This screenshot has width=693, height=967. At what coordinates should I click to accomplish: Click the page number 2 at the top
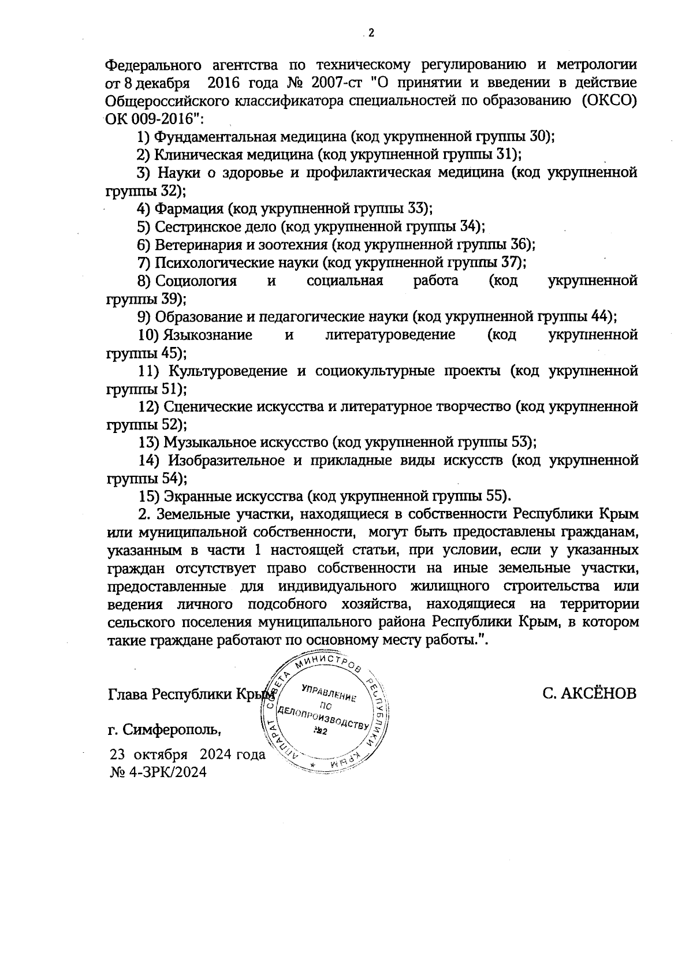(x=371, y=33)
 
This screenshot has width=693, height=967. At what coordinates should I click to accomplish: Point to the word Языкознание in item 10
(x=208, y=335)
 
